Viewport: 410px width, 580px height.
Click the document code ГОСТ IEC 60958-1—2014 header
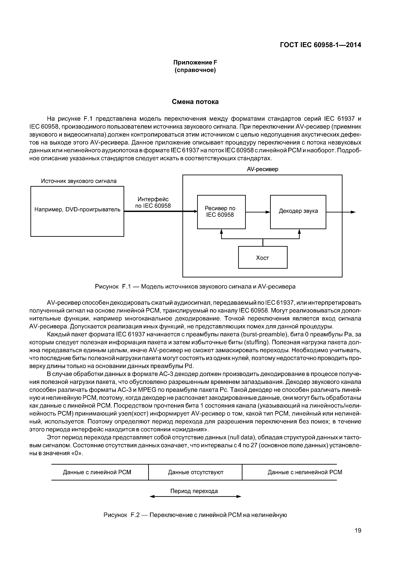[x=320, y=45]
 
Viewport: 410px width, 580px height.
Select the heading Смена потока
[x=195, y=102]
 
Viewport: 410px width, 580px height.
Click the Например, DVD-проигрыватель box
[x=77, y=211]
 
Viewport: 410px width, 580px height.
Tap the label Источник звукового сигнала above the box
[x=79, y=181]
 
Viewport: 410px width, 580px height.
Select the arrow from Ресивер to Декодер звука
[x=258, y=212]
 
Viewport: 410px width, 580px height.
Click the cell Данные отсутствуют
[x=195, y=472]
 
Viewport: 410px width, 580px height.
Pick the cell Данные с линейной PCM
[x=97, y=472]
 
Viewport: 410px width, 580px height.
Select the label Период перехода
[x=194, y=491]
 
